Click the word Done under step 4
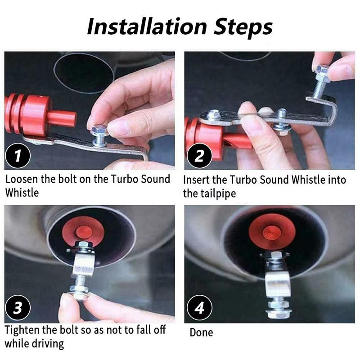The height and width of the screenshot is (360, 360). (x=201, y=333)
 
